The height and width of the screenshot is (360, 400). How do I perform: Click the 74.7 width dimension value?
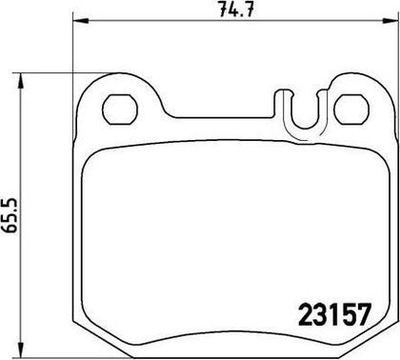point(236,10)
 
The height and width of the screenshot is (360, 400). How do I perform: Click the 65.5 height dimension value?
point(10,215)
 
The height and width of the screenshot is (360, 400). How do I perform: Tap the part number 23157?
point(334,314)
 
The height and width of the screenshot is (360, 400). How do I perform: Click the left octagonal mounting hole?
point(120,110)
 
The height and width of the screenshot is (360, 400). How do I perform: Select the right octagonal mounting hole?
point(351,110)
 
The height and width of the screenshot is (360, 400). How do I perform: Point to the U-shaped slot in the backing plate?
point(306,127)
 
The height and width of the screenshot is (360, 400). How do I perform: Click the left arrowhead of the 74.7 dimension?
point(80,21)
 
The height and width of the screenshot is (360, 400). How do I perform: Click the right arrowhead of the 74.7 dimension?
point(390,21)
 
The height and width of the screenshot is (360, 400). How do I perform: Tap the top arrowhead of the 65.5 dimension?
point(21,81)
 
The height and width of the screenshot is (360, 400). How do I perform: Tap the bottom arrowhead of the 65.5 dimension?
point(21,350)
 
